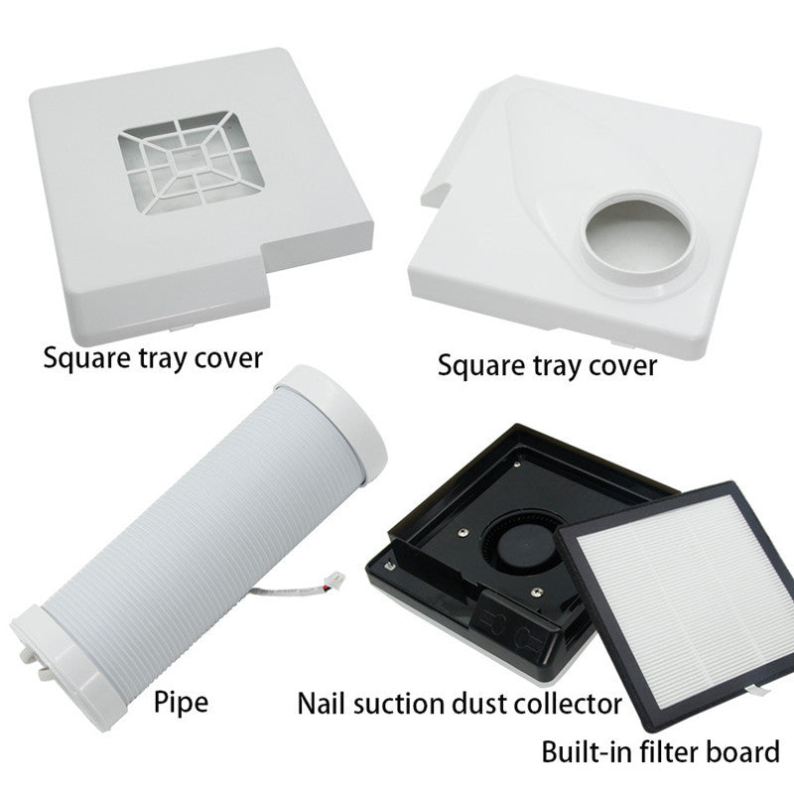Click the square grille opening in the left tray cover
(192, 163)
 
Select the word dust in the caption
(478, 705)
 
